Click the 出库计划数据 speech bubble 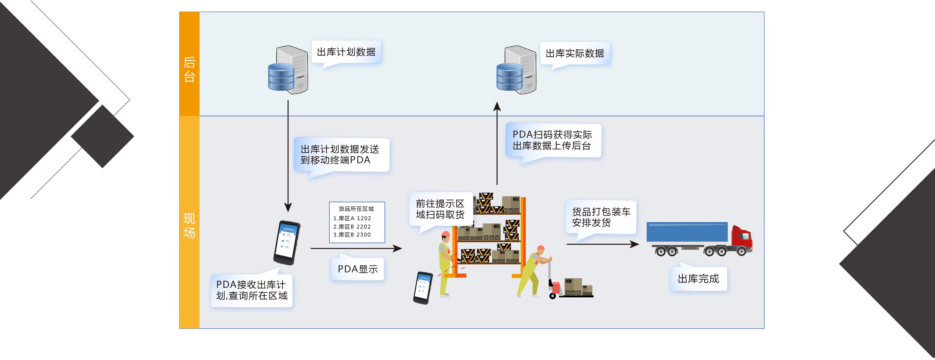click(346, 52)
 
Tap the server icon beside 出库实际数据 click(516, 70)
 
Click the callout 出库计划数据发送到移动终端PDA click(341, 155)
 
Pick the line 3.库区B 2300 click(352, 235)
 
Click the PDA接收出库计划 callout click(252, 290)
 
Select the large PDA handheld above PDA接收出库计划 click(287, 242)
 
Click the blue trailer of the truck click(687, 232)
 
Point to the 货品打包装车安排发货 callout click(601, 217)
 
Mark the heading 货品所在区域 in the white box click(356, 209)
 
